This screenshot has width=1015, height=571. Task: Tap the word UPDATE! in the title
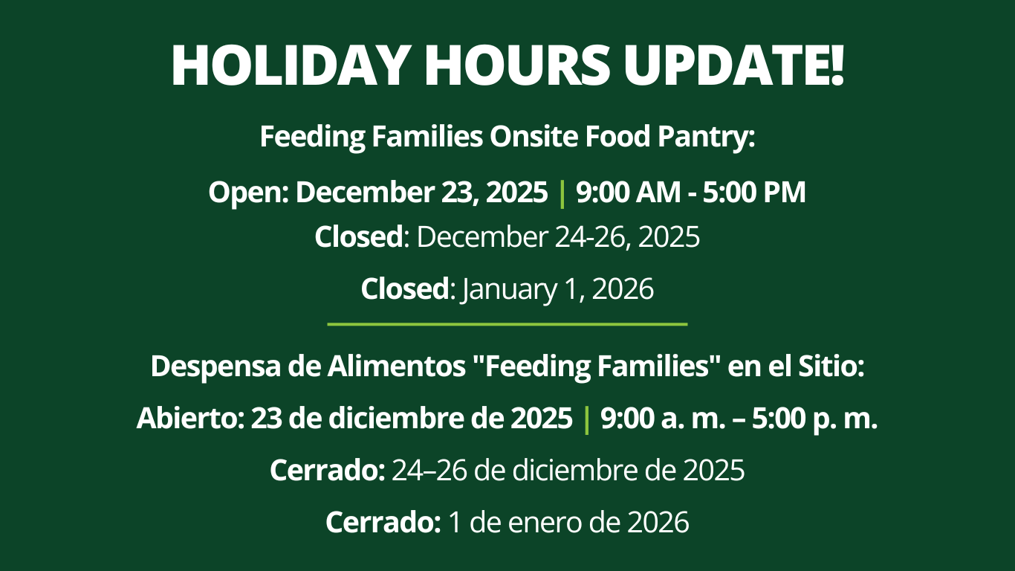(x=734, y=65)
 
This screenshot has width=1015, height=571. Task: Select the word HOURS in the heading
(x=516, y=65)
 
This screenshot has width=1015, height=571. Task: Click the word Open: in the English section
(x=249, y=193)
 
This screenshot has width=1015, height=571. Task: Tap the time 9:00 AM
(x=629, y=192)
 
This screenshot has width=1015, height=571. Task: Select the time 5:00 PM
(x=754, y=192)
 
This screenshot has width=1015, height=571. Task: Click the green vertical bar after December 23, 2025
(x=562, y=193)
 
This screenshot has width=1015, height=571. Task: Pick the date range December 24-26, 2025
(x=558, y=237)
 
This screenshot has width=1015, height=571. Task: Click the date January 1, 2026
(x=558, y=289)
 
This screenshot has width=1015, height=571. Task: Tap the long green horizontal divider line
(x=507, y=324)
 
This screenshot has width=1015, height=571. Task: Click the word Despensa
(x=215, y=367)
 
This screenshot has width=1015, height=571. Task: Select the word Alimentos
(x=397, y=366)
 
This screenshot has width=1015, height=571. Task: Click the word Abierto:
(x=191, y=418)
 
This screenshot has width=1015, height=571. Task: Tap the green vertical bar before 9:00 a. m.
(x=587, y=420)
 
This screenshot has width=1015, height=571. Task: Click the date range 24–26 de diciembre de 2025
(x=568, y=471)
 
